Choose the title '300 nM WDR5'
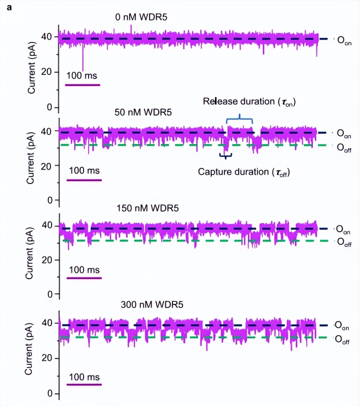click(152, 305)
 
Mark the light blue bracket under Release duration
click(239, 120)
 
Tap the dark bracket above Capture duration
click(226, 156)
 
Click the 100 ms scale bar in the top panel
click(82, 85)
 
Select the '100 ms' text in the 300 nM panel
click(84, 377)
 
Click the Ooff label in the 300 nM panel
click(344, 340)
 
